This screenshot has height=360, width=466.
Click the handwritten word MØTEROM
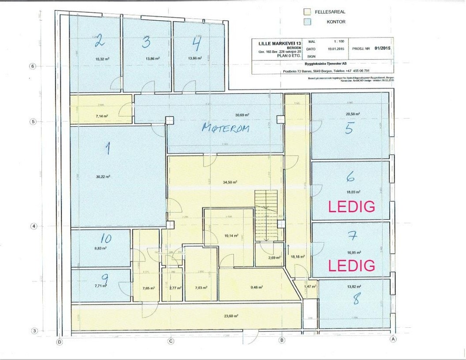click(225, 128)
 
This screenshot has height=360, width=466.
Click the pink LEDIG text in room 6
click(351, 206)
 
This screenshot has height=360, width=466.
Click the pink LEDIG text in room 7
click(351, 265)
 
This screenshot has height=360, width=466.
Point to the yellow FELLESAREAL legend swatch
click(307, 12)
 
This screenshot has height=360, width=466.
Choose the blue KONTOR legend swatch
click(307, 22)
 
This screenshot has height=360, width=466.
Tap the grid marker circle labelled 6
click(32, 66)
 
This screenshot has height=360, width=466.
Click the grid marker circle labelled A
click(392, 339)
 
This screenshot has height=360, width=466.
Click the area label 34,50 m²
click(230, 182)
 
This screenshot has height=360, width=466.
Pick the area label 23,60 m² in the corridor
click(230, 316)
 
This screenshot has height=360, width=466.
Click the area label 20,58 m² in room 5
click(353, 114)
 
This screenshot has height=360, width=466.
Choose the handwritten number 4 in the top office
click(197, 44)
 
